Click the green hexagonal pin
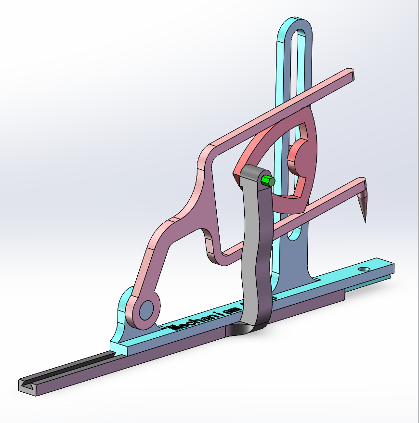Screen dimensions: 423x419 pos(267,181)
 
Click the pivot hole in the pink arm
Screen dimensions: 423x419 pos(146,309)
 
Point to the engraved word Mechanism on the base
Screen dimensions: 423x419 pos(193,321)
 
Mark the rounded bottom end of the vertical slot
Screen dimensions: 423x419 pos(292,237)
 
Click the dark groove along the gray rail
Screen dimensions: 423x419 pos(67,369)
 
